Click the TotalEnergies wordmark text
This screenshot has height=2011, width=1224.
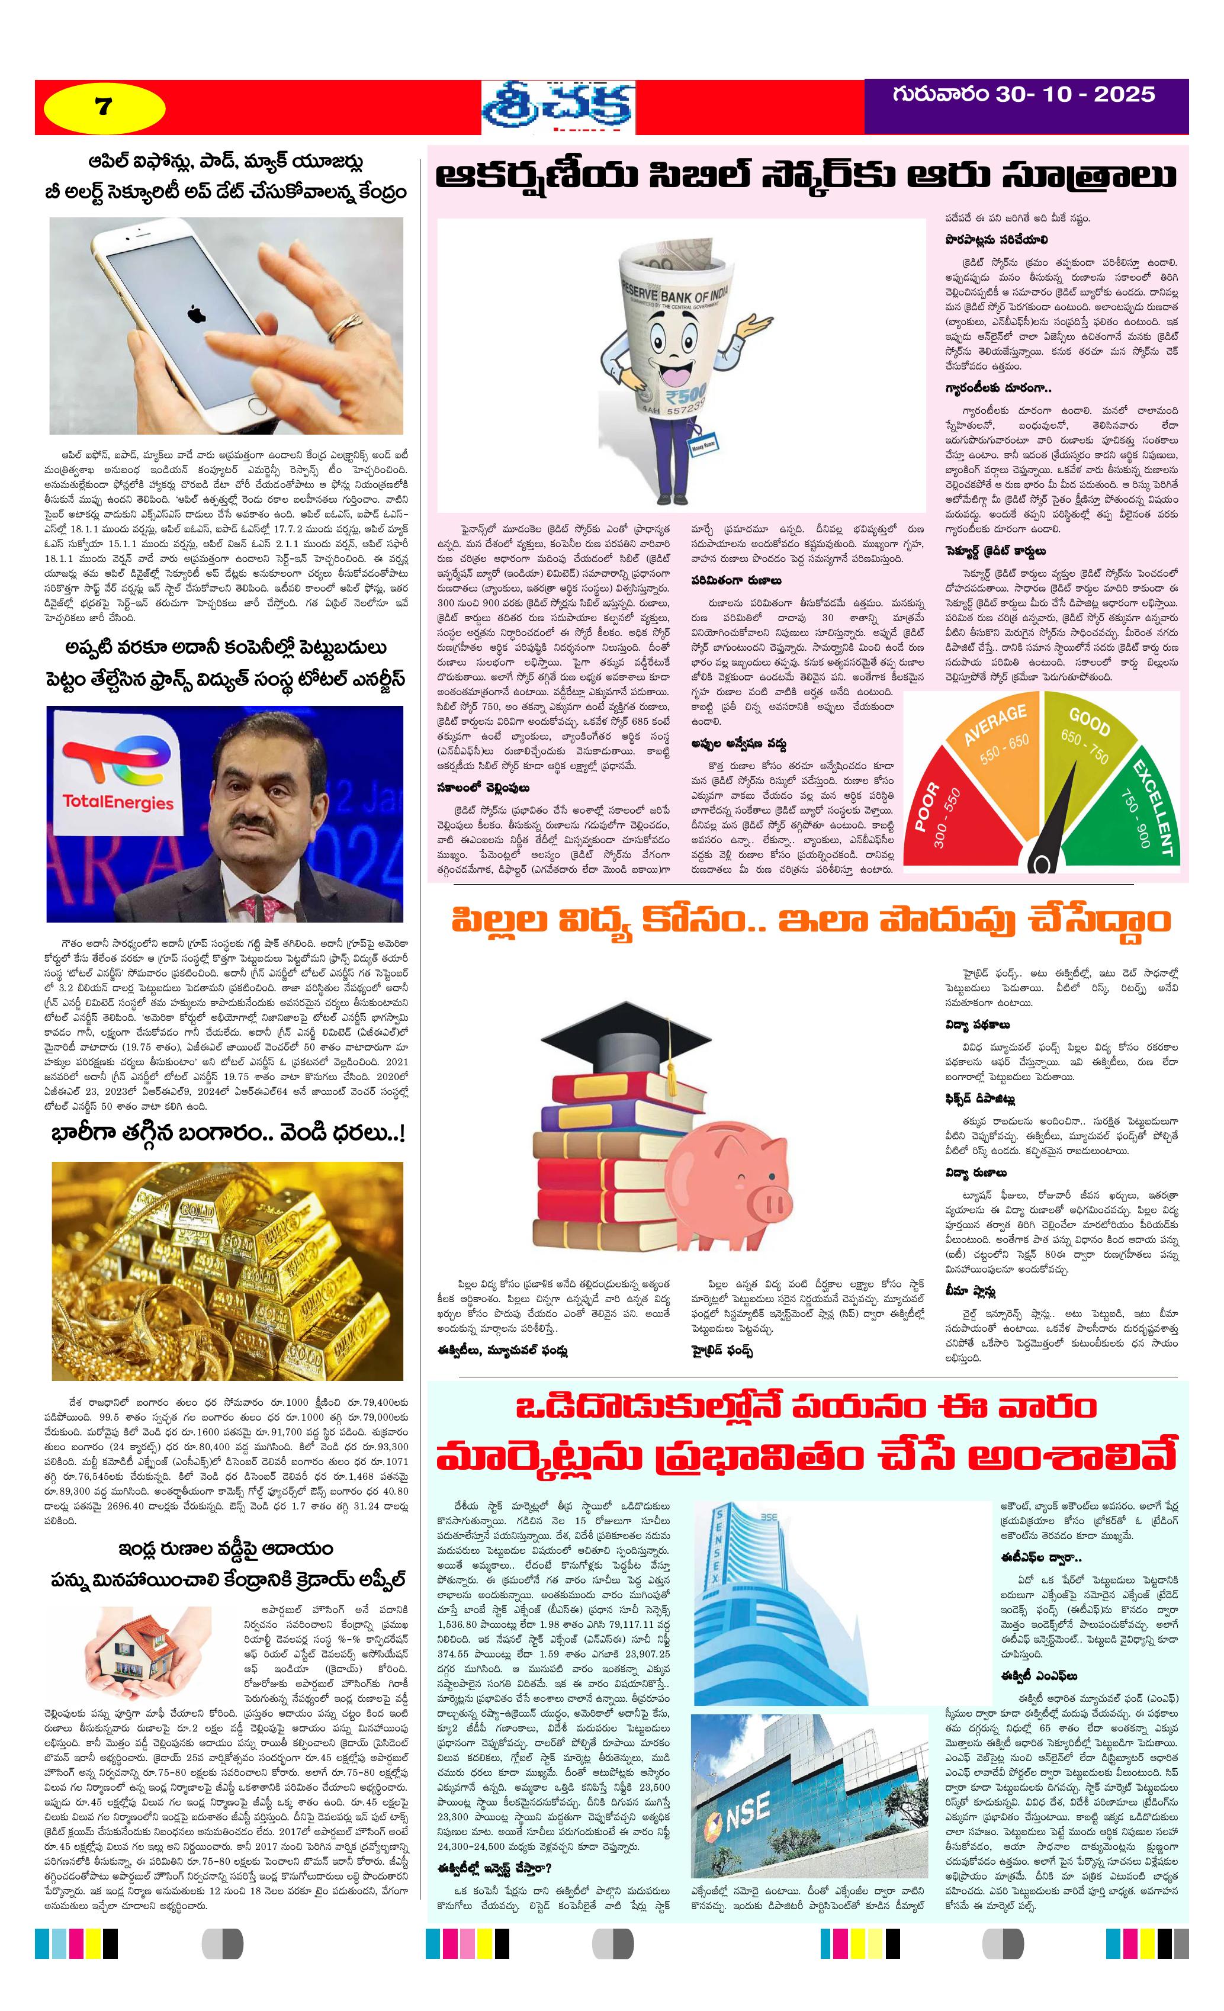118,802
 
